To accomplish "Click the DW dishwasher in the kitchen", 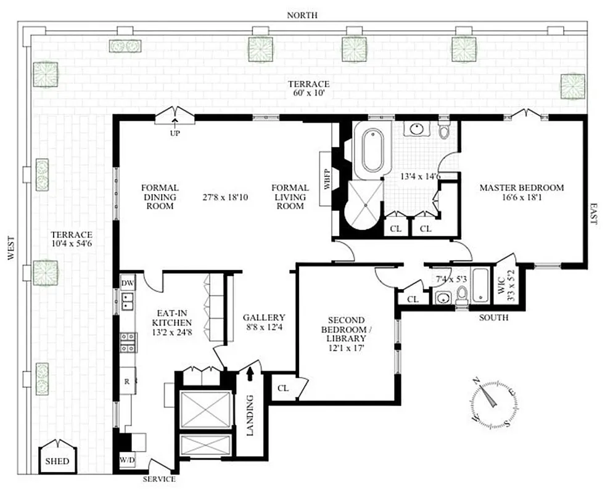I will coord(128,283).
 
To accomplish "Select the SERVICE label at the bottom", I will coord(159,479).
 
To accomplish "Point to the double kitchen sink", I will coord(128,301).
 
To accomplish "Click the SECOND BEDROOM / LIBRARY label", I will coord(346,333).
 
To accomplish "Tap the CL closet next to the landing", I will coord(283,388).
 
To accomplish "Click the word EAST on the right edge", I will coord(593,214).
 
